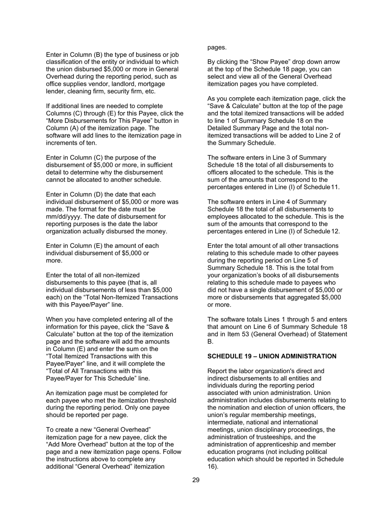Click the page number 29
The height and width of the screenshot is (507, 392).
click(x=196, y=480)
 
